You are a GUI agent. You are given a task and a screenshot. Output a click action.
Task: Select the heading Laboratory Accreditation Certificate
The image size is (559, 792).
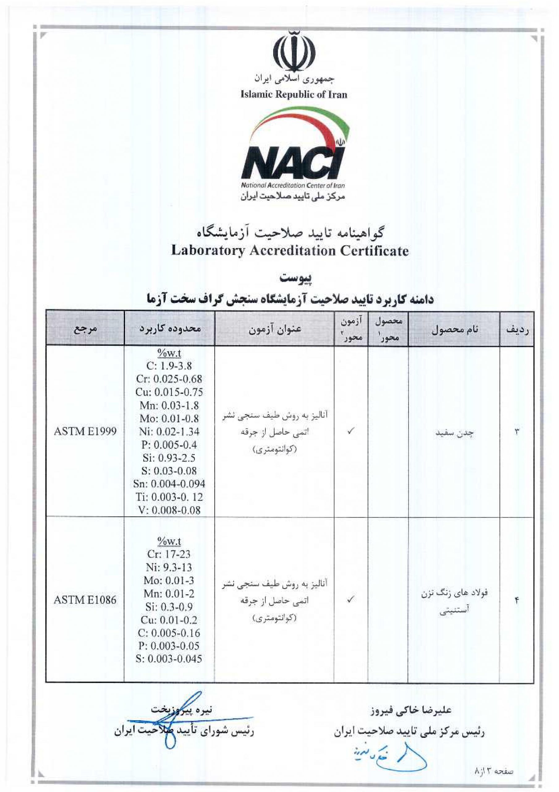tap(290, 251)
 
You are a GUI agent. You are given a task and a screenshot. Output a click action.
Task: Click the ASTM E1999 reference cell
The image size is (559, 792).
tap(85, 431)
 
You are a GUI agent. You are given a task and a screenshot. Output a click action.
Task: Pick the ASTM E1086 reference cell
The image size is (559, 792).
tap(85, 600)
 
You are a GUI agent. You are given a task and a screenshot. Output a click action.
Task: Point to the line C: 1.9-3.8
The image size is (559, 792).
tap(169, 366)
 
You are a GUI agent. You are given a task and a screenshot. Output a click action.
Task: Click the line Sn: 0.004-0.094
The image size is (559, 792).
tap(169, 484)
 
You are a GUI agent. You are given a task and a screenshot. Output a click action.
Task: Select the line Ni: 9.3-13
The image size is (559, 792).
tap(169, 567)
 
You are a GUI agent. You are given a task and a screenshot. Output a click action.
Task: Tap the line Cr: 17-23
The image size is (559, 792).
tap(169, 554)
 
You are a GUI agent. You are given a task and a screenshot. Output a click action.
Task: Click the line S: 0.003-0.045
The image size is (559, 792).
tap(169, 659)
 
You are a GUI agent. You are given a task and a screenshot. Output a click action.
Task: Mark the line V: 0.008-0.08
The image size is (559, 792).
tap(169, 510)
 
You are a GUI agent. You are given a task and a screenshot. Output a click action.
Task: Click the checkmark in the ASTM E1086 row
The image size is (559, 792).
tap(350, 600)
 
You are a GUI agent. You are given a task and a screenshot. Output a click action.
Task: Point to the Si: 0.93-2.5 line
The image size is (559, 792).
tap(169, 458)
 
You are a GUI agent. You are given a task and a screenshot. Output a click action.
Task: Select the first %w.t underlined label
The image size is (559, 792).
tap(169, 353)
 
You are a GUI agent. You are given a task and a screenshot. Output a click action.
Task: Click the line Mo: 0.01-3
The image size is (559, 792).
tap(169, 581)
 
